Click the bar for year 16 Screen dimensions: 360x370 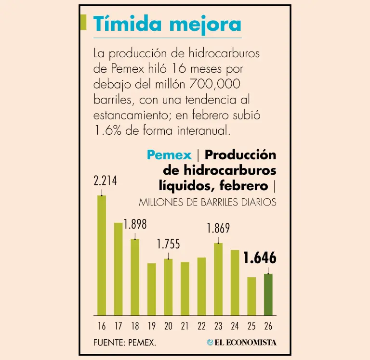(102, 255)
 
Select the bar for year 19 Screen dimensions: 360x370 (152, 289)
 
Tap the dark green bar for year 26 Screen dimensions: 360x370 (268, 295)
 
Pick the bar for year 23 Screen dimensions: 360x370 (218, 279)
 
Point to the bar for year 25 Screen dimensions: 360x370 (251, 296)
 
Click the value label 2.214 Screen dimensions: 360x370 (106, 181)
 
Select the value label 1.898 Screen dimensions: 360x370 (135, 224)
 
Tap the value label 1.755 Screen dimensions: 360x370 (168, 244)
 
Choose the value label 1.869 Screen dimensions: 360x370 (218, 228)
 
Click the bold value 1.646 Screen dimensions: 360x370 (260, 258)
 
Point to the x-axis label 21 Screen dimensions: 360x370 (185, 326)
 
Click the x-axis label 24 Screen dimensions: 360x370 (235, 326)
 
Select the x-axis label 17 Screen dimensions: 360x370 (118, 326)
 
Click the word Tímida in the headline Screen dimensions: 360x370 (122, 24)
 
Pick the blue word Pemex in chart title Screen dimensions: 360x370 (169, 155)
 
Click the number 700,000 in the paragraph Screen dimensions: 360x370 (216, 84)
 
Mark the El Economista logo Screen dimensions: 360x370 (242, 342)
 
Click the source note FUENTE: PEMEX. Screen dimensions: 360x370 (125, 342)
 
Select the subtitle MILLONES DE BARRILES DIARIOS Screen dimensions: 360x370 (208, 203)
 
